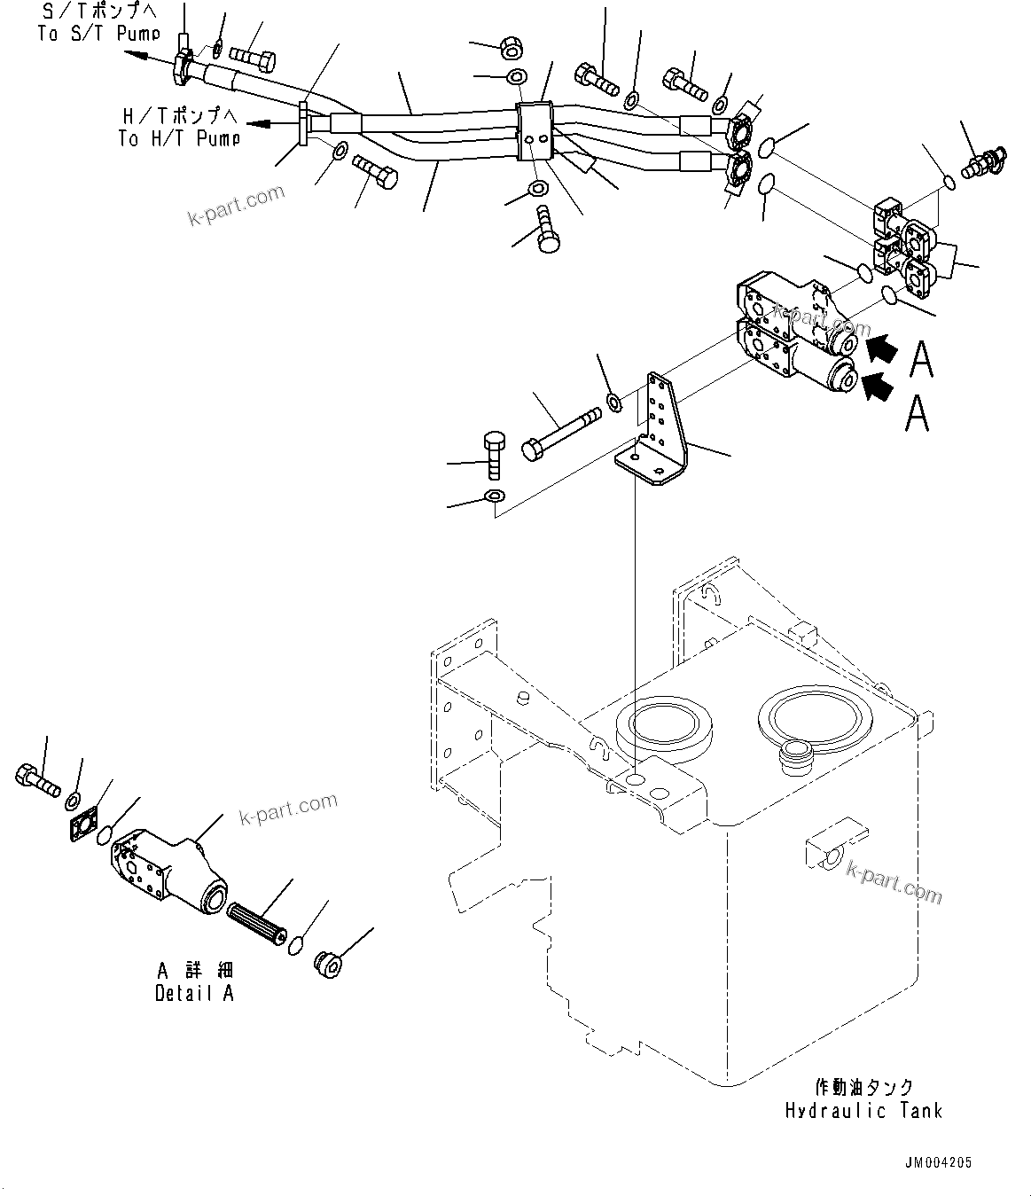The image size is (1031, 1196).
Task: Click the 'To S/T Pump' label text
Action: pyautogui.click(x=98, y=34)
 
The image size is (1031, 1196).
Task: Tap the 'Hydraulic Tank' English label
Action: pyautogui.click(x=863, y=1110)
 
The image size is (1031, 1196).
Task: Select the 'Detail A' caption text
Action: pyautogui.click(x=194, y=993)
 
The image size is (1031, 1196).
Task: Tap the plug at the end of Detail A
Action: pyautogui.click(x=330, y=964)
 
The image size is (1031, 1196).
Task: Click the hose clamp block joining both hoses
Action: pyautogui.click(x=534, y=133)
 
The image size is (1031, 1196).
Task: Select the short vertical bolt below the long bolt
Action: pyautogui.click(x=495, y=454)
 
